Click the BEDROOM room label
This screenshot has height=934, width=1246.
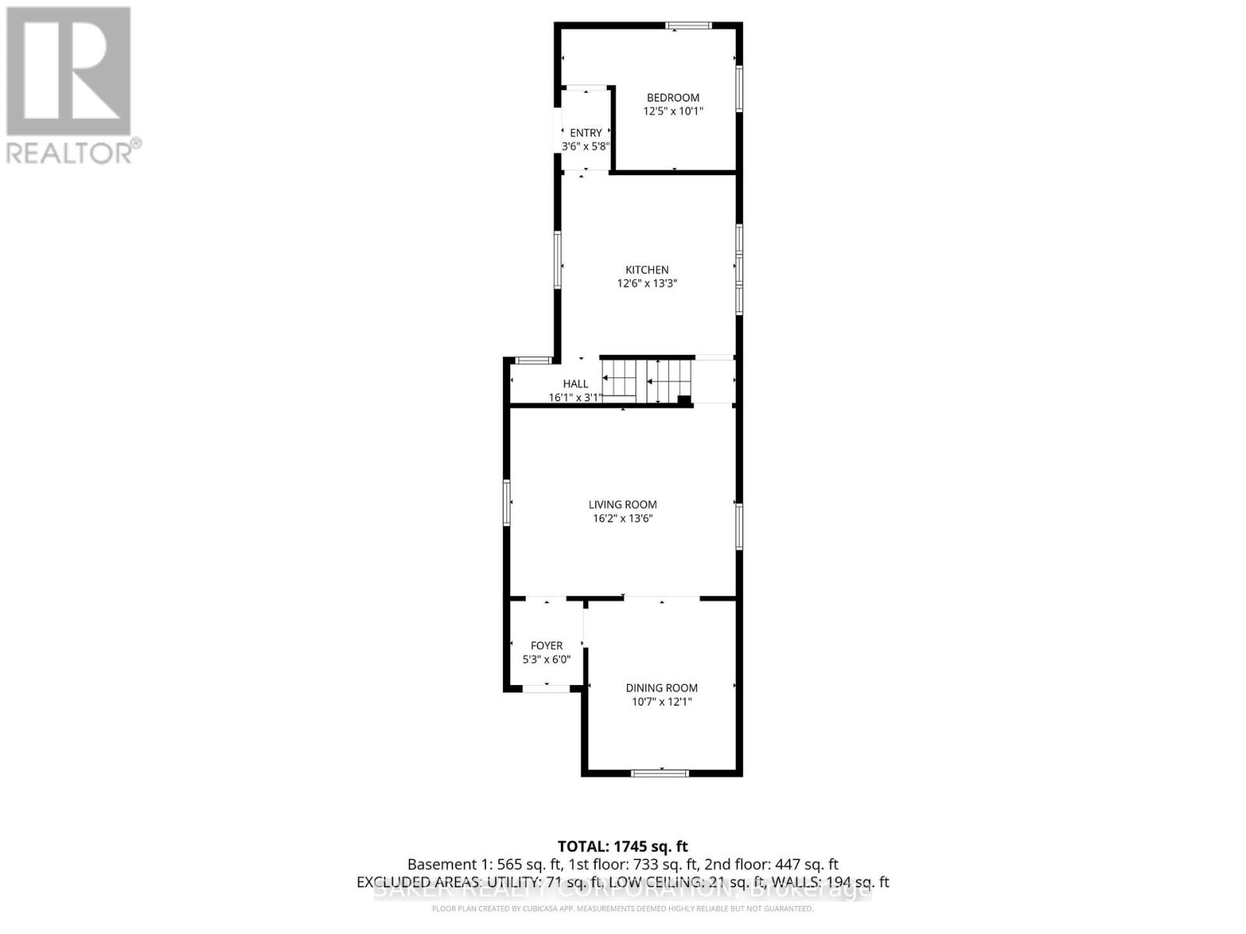(x=673, y=97)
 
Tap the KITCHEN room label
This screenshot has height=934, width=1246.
(x=647, y=270)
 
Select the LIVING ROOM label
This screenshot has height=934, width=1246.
(x=622, y=504)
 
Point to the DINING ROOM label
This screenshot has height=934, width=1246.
(x=661, y=688)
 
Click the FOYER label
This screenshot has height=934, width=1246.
(x=546, y=645)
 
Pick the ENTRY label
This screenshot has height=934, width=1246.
(x=586, y=133)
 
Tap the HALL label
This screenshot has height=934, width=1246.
(x=575, y=384)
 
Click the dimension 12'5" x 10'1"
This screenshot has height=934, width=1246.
(x=673, y=111)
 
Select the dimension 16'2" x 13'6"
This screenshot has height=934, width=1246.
(x=622, y=518)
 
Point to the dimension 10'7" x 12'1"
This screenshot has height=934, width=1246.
(x=661, y=702)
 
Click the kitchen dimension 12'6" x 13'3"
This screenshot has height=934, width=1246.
(x=647, y=284)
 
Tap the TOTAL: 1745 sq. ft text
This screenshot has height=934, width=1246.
(x=622, y=846)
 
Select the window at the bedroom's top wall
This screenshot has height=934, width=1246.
(x=688, y=26)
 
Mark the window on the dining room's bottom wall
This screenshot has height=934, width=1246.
(x=660, y=773)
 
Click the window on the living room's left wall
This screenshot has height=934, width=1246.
(x=507, y=502)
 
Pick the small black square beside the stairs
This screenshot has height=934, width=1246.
(x=684, y=401)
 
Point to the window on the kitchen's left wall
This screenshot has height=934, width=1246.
(x=558, y=260)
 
